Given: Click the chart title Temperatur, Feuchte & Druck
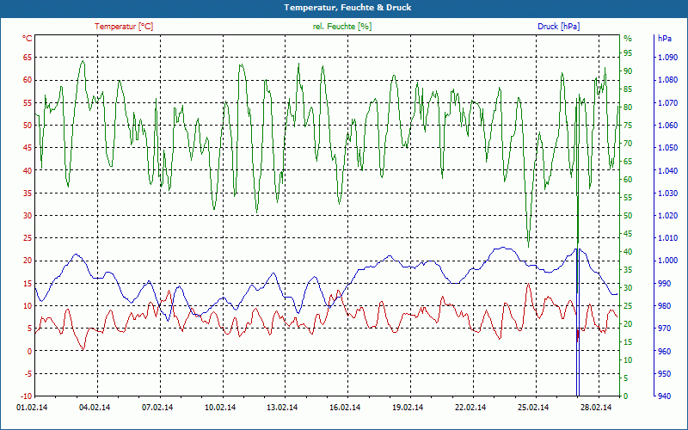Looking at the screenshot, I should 344,7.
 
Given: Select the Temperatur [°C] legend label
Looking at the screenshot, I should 124,27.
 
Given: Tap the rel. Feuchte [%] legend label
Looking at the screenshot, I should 342,27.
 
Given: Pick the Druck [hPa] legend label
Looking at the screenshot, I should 558,27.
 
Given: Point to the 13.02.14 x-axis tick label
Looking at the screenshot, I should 282,408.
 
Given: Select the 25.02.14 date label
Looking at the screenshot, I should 532,408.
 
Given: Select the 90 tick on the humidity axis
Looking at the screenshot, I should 628,71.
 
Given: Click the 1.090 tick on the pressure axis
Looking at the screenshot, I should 666,58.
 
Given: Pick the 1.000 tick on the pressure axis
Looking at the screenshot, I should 666,261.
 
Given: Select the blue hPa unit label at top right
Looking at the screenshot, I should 665,39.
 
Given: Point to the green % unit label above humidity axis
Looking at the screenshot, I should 628,39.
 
